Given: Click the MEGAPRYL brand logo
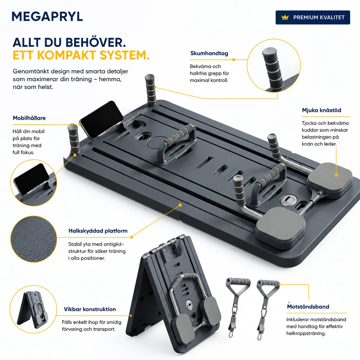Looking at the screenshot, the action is tap(47, 17).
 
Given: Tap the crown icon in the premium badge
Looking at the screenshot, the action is tap(285, 18).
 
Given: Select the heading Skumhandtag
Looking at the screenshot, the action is tap(209, 53).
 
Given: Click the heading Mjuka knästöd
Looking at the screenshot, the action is tap(322, 110).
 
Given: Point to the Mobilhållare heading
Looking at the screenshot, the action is tap(29, 118).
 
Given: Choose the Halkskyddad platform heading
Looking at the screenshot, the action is tap(98, 231).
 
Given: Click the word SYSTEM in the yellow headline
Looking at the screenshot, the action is tap(125, 55).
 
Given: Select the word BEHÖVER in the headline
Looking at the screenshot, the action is tap(96, 42).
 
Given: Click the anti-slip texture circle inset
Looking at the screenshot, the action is tap(34, 239).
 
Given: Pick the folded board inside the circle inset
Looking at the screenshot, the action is tap(33, 310).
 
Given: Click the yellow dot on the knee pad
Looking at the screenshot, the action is tap(336, 175).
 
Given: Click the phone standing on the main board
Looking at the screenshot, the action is tap(101, 119).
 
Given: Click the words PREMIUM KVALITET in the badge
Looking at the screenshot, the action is tap(319, 18).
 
